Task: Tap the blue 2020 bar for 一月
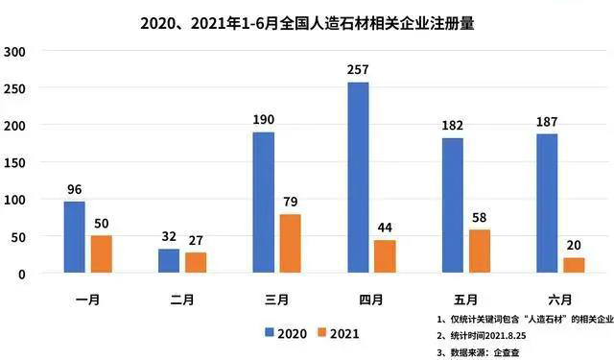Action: point(75,237)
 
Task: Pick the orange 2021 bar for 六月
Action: point(574,265)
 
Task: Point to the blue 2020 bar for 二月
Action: point(168,261)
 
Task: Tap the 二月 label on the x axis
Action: point(182,299)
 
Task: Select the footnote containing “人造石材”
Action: point(519,318)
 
